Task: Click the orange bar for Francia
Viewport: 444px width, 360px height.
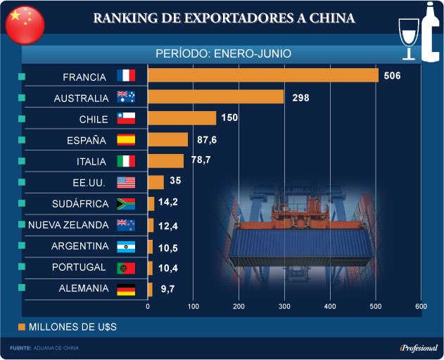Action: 262,76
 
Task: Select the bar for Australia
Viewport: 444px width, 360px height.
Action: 215,97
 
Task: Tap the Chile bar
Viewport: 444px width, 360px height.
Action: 182,118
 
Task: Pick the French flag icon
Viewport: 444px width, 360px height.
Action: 126,77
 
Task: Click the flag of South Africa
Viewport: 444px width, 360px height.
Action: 126,204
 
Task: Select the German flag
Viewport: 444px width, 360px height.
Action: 126,289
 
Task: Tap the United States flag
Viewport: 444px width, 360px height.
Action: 126,183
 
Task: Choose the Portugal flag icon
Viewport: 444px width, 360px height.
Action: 126,268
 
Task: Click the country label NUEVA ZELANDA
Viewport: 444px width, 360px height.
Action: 68,225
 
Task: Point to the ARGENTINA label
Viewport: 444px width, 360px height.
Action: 80,247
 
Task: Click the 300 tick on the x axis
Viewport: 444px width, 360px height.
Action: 284,307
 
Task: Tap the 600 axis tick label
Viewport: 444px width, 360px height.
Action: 421,307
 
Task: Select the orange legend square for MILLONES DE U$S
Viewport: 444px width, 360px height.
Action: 22,327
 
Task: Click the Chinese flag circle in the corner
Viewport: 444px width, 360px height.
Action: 25,23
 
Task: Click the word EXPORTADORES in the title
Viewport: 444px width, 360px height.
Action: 238,18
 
